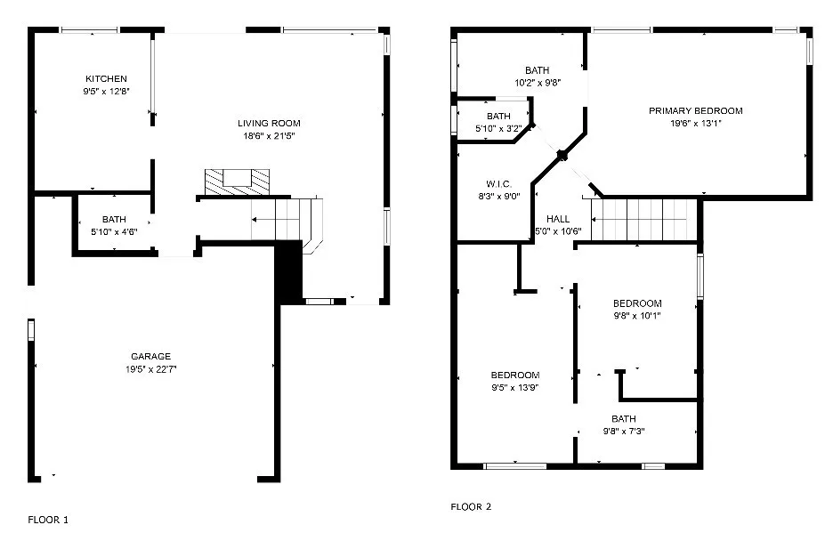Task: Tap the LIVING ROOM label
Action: pos(269,123)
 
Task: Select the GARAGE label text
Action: pos(151,356)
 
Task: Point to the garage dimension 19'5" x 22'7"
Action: pos(151,368)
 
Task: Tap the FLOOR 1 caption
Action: pos(48,519)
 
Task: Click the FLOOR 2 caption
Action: pos(471,506)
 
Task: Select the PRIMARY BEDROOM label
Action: pos(695,111)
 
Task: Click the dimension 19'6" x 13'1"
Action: pos(695,124)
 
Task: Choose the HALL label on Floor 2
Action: pos(558,219)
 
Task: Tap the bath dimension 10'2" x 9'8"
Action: pos(537,83)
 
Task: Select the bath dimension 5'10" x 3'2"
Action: pos(498,129)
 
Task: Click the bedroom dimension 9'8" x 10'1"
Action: pos(636,315)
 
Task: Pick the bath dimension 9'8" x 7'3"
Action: pos(623,431)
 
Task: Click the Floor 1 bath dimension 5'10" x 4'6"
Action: pos(114,231)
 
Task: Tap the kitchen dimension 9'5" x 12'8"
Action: pos(106,91)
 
